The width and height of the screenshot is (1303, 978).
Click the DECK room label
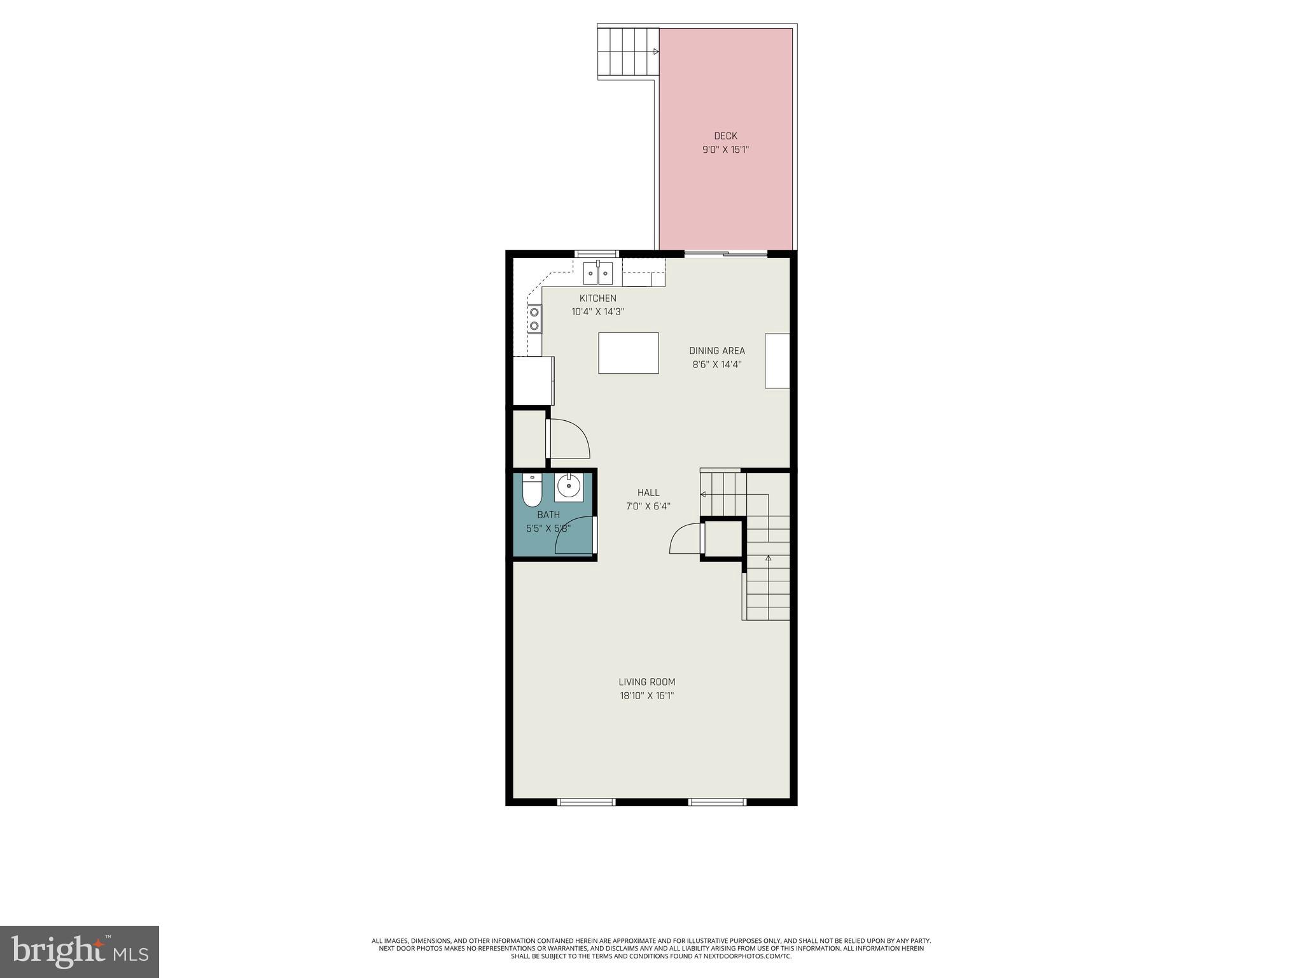[725, 136]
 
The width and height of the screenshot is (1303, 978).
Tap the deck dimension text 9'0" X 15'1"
[725, 150]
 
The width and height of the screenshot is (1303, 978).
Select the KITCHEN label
[597, 298]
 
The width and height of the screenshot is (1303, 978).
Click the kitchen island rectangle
[628, 353]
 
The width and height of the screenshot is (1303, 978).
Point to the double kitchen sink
[598, 274]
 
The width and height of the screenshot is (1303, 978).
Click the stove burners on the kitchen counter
[534, 319]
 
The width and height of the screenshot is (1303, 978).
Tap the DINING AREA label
[717, 351]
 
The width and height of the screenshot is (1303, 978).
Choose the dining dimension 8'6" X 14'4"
[717, 365]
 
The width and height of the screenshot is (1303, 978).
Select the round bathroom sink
[568, 487]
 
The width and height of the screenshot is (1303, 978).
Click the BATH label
[548, 514]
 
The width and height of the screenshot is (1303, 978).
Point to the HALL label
[648, 492]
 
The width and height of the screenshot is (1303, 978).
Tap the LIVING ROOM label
[647, 682]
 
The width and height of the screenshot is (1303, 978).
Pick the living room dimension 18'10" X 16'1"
[647, 696]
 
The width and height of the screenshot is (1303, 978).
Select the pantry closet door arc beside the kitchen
[569, 439]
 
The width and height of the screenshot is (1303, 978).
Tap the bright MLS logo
[80, 951]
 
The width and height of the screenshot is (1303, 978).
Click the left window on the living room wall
[586, 802]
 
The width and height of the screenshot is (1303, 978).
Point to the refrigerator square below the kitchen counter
[533, 381]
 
